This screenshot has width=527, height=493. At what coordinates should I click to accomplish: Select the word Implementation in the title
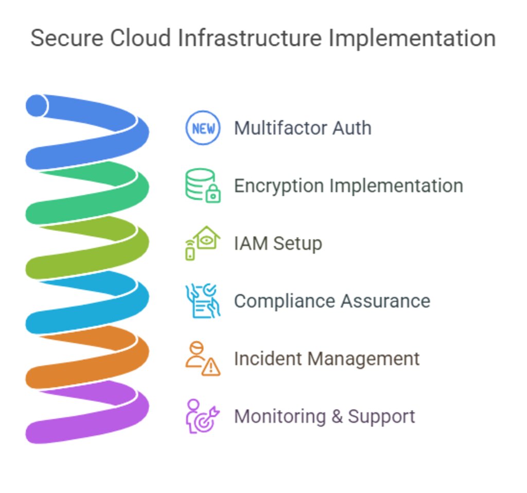pos(412,39)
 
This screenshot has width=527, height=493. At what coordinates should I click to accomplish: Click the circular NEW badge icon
pos(203,128)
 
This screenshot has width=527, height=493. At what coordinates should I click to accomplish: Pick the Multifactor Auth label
pos(303,128)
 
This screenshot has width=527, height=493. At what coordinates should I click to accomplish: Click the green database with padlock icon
pos(203,185)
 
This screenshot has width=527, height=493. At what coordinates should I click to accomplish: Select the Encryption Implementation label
pos(348,185)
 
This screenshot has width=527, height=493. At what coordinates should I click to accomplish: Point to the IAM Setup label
pos(278,243)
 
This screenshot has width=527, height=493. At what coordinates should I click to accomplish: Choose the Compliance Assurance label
pos(332,301)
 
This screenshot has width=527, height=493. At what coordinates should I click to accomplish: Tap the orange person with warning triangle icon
pos(203,359)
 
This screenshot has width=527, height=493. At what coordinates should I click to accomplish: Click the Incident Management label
pos(327,359)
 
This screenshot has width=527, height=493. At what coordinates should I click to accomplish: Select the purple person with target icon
pos(203,416)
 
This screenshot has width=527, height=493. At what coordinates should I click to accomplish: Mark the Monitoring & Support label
pos(324,416)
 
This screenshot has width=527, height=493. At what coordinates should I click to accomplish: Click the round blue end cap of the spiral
pos(37,106)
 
